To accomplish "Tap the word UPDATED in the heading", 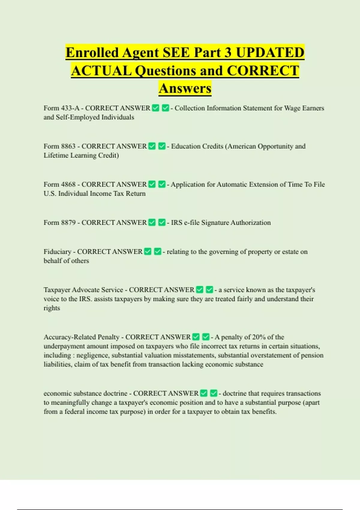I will click(x=270, y=53).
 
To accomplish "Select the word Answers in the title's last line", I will click(x=185, y=88).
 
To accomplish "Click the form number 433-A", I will click(x=70, y=108).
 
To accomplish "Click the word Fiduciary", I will click(x=57, y=252).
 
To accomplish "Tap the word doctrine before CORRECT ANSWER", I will click(x=115, y=393).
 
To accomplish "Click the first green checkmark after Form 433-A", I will click(x=156, y=108).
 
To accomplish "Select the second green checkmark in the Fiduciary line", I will click(x=157, y=252).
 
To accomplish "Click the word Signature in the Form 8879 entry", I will click(x=215, y=222).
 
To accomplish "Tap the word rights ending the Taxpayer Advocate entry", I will click(x=52, y=308).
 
